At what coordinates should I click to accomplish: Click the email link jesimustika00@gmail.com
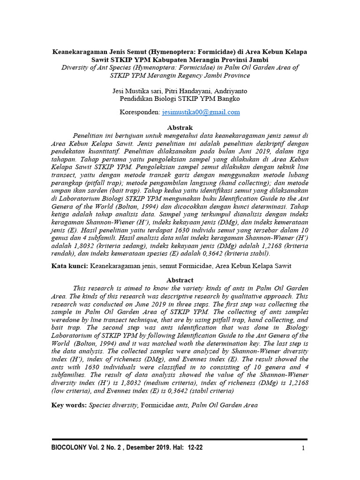(201, 112)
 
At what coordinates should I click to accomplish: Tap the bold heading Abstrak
(180, 127)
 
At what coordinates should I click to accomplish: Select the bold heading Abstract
(180, 280)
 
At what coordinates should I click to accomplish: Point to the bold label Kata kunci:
(69, 266)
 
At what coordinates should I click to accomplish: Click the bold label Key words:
(69, 405)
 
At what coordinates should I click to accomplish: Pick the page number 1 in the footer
(303, 448)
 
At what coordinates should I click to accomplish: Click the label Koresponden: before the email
(140, 112)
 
